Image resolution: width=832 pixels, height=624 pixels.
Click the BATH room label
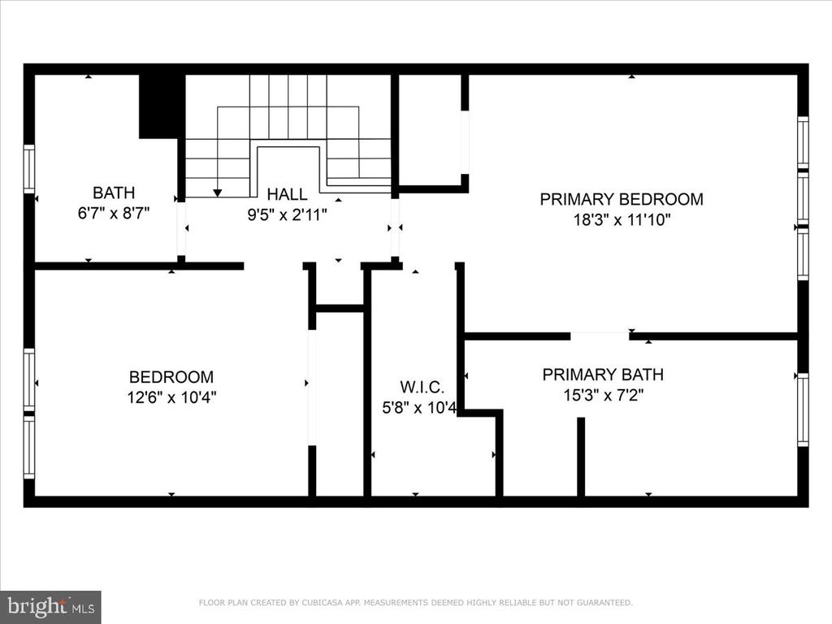[x=114, y=192]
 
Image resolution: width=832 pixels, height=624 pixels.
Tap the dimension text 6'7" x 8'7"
[x=114, y=214]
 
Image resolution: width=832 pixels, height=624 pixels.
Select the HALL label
[x=287, y=194]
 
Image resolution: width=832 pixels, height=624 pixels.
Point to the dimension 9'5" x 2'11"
[x=287, y=214]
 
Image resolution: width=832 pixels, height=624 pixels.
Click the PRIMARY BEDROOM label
[x=622, y=199]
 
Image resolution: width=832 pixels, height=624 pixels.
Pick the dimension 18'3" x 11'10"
[x=622, y=219]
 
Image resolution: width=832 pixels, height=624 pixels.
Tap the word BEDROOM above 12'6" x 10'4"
[x=171, y=377]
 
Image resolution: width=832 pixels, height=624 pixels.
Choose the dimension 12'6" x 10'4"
[x=171, y=397]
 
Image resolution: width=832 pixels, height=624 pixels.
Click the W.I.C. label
[x=422, y=387]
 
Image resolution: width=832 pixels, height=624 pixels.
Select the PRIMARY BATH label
[x=603, y=375]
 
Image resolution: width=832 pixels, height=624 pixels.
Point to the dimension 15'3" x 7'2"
[x=604, y=396]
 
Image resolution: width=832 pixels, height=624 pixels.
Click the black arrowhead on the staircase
[x=218, y=193]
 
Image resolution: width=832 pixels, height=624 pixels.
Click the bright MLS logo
[x=50, y=607]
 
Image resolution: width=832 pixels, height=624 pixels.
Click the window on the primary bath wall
[x=804, y=409]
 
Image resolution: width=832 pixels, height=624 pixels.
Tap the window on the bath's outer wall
[x=28, y=169]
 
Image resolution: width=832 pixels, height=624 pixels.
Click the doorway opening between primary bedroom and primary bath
[x=600, y=336]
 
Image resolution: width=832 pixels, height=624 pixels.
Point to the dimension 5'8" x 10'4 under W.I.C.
[x=419, y=408]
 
